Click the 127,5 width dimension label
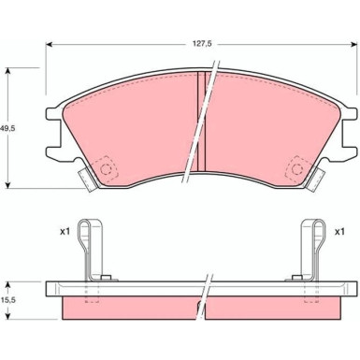(x=201, y=44)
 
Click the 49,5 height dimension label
(x=7, y=128)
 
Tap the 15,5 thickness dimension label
(x=7, y=300)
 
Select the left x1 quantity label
(x=65, y=232)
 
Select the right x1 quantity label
(x=339, y=232)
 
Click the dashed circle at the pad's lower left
(x=106, y=169)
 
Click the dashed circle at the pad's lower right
(x=297, y=169)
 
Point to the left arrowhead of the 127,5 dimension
(x=49, y=45)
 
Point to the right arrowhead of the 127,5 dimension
(x=354, y=45)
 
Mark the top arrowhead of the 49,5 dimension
(x=8, y=70)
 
